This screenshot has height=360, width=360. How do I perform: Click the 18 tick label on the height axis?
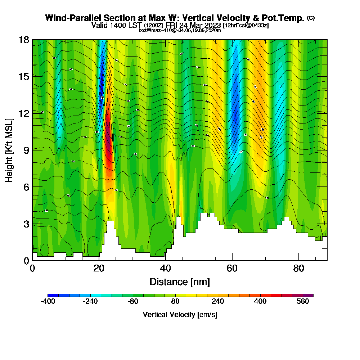24,40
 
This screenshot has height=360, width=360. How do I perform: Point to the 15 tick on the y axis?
24,76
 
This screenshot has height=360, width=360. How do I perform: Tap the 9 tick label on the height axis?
26,150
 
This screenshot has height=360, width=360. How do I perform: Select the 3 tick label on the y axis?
26,224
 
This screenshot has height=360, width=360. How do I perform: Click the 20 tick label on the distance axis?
99,269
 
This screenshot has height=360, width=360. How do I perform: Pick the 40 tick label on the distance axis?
166,269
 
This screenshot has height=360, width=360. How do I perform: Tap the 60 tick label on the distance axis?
232,269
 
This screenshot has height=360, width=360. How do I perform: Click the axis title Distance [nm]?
180,282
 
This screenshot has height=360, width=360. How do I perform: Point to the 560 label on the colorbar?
303,302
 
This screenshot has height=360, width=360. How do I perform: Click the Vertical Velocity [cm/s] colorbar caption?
180,315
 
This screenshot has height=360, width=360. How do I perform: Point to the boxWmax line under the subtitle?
180,30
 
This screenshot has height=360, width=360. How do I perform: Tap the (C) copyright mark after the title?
311,18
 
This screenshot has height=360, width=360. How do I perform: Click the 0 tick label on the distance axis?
32,269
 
